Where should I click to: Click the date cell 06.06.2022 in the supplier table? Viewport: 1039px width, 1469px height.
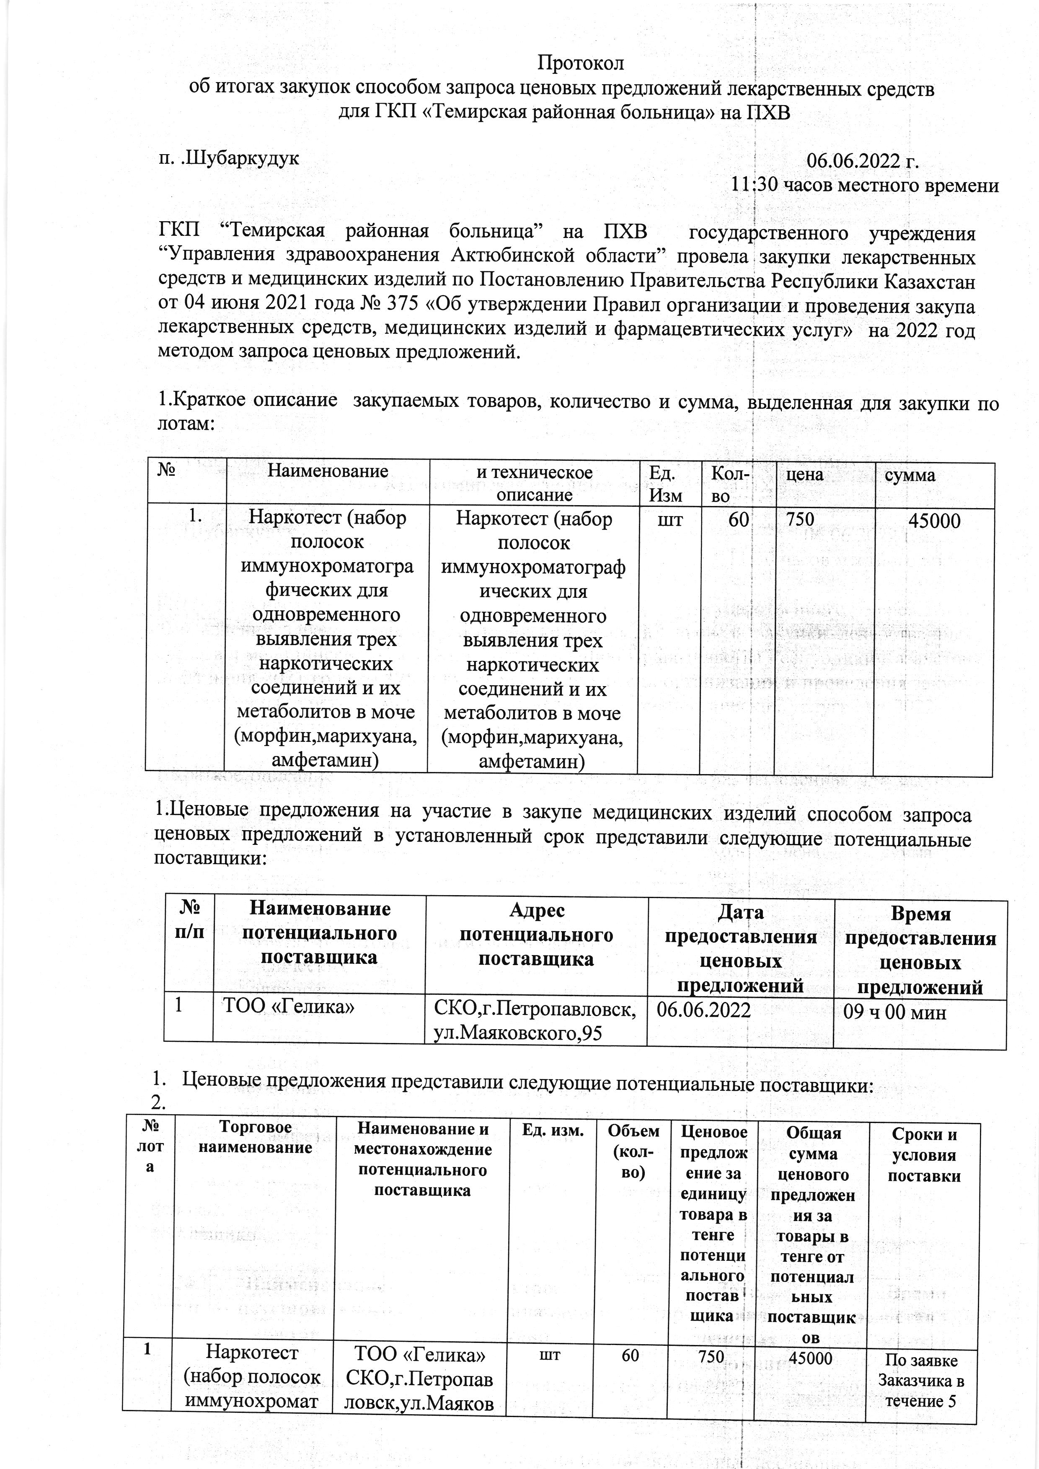click(704, 1009)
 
